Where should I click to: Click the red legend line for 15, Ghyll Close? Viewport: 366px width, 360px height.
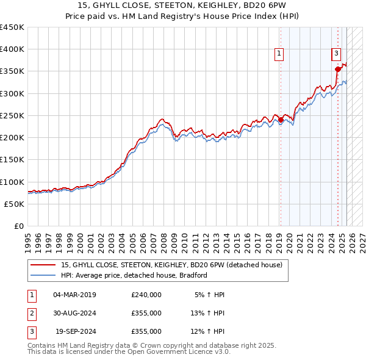click(43, 265)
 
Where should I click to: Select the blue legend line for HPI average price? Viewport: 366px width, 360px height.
click(43, 275)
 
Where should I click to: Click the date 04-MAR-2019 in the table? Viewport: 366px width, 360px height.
click(74, 295)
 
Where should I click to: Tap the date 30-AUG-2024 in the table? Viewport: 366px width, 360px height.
click(74, 313)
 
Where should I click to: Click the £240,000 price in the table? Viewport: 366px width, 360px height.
click(146, 295)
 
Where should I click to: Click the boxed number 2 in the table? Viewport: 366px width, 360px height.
click(30, 313)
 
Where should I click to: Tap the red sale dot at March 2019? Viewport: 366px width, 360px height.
click(281, 120)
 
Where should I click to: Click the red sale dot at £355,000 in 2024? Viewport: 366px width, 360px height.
click(338, 70)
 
